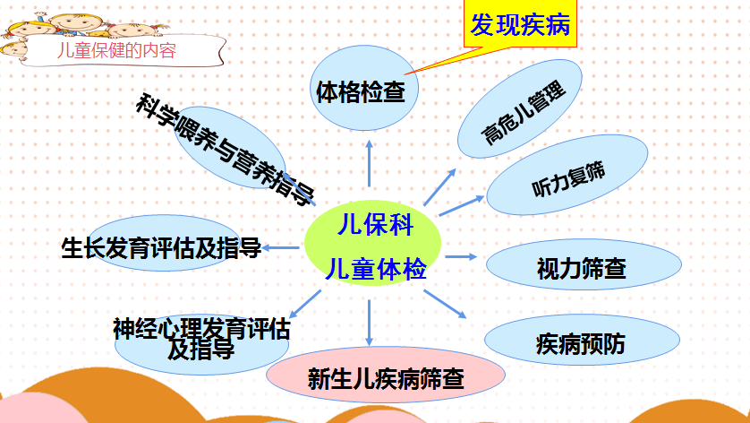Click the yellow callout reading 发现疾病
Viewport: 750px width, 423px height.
[x=520, y=23]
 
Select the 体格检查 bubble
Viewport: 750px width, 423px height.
[x=364, y=88]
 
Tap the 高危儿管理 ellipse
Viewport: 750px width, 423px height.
[x=520, y=108]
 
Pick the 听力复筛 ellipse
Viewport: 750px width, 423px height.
[x=567, y=175]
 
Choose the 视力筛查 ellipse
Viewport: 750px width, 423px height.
[x=584, y=264]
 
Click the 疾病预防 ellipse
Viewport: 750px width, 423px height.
[x=582, y=340]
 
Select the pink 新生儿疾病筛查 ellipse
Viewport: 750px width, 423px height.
[x=386, y=375]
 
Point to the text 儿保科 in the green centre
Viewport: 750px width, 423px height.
[x=375, y=224]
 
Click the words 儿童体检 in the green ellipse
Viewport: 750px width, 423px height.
[x=376, y=268]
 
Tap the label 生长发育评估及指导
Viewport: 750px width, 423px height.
[x=161, y=248]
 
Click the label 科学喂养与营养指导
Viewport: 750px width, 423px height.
[x=226, y=150]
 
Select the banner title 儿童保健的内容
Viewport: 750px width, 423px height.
[x=116, y=50]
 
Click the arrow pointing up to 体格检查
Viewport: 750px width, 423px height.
[x=369, y=163]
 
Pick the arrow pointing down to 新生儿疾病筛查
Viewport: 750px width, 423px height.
[x=369, y=323]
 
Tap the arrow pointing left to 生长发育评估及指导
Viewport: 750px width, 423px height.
[x=281, y=247]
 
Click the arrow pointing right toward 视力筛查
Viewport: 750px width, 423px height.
[x=461, y=257]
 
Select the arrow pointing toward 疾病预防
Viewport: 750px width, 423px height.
[x=445, y=304]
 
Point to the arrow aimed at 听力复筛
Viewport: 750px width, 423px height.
[x=462, y=205]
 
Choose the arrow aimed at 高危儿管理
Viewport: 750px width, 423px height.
[x=439, y=186]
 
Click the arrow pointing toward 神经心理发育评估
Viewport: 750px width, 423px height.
[x=305, y=304]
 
